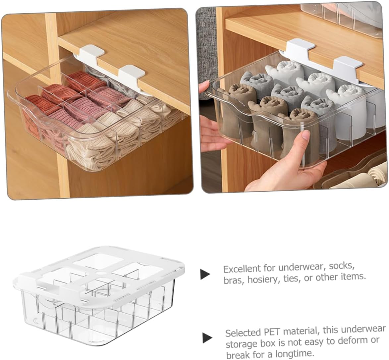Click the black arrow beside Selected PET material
pos(207,338)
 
